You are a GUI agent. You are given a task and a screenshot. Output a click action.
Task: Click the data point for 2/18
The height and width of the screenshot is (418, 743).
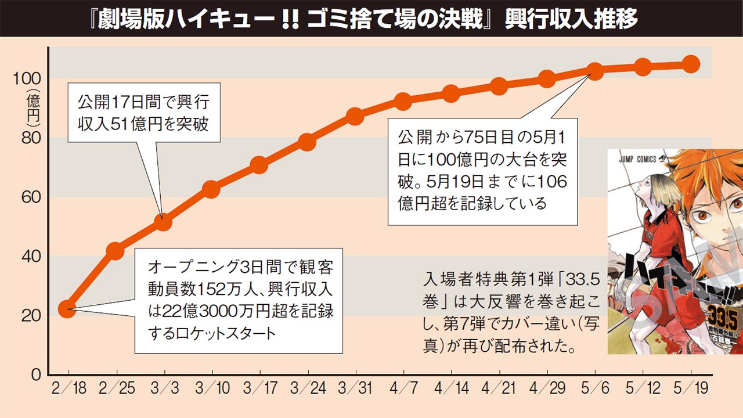68,309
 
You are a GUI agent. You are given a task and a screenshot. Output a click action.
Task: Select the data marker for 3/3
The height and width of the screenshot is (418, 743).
164,221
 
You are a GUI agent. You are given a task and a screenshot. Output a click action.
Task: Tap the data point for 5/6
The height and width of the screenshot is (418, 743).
595,71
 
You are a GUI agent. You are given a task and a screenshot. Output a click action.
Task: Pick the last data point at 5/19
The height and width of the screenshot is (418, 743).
691,64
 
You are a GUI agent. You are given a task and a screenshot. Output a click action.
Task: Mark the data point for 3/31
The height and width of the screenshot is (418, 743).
355,116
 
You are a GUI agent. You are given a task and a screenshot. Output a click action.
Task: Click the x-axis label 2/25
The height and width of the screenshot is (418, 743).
117,388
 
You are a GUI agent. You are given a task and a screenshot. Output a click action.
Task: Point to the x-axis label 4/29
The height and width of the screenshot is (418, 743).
546,388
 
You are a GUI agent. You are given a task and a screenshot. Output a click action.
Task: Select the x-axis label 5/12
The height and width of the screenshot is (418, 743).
642,388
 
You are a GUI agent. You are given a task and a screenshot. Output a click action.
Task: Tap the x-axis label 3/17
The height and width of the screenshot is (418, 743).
259,388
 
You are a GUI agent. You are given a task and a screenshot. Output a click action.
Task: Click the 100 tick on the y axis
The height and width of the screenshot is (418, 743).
27,78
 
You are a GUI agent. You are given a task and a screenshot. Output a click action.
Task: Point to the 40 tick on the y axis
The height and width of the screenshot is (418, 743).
31,256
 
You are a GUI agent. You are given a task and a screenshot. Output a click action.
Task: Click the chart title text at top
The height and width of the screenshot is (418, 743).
371,19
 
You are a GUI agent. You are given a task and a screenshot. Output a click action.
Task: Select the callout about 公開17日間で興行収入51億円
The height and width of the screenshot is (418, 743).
144,113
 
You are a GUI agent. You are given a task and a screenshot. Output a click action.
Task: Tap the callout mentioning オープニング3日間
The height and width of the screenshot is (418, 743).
238,300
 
